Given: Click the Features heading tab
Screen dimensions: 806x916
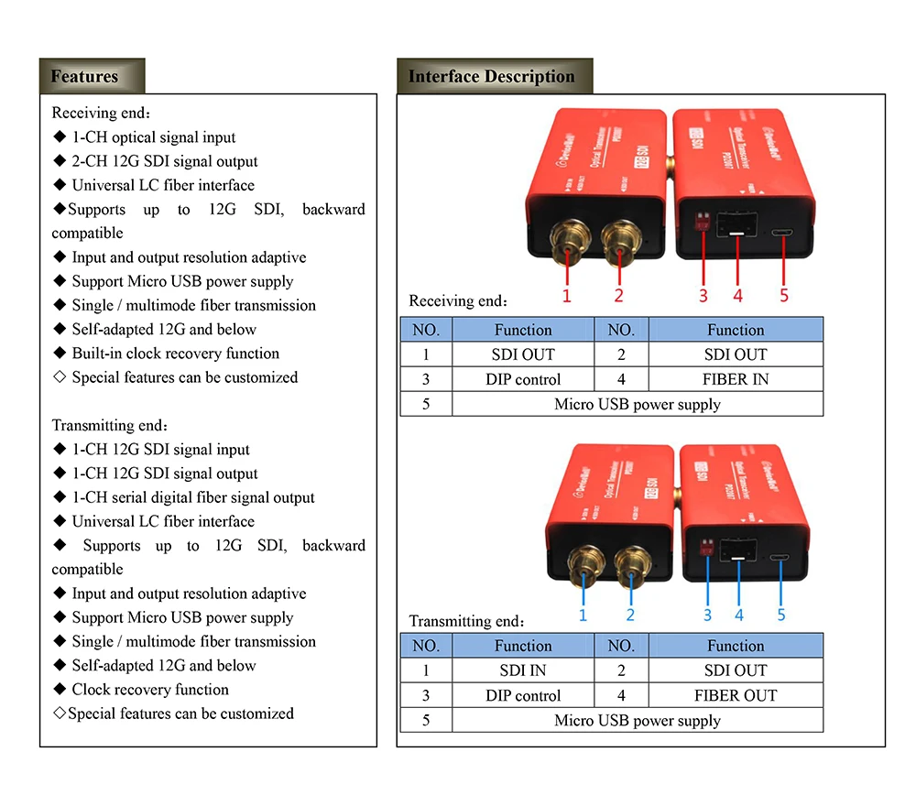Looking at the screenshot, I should pos(84,77).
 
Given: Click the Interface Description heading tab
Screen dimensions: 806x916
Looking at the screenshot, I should pos(492,77).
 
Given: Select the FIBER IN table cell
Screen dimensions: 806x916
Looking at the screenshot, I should pos(736,379).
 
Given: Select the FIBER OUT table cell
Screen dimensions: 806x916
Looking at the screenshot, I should pos(736,695).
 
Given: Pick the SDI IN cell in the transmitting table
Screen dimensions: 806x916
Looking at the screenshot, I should pos(524,670).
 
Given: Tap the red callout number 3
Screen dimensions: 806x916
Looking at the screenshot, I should pos(703,295).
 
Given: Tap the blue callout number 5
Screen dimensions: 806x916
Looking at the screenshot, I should pos(781,615).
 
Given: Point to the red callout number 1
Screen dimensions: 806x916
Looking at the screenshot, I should pos(567,295).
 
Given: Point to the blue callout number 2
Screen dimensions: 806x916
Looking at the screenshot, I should pos(630,615).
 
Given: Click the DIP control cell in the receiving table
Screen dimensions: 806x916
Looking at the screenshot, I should pos(523,379).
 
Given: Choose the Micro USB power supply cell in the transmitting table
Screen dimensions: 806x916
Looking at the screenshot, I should pos(638,721).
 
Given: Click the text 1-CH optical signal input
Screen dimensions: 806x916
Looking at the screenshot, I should pos(154,137).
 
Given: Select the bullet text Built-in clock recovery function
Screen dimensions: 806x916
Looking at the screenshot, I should pos(176,354).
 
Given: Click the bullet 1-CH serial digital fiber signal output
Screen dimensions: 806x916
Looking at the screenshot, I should pos(193,498).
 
